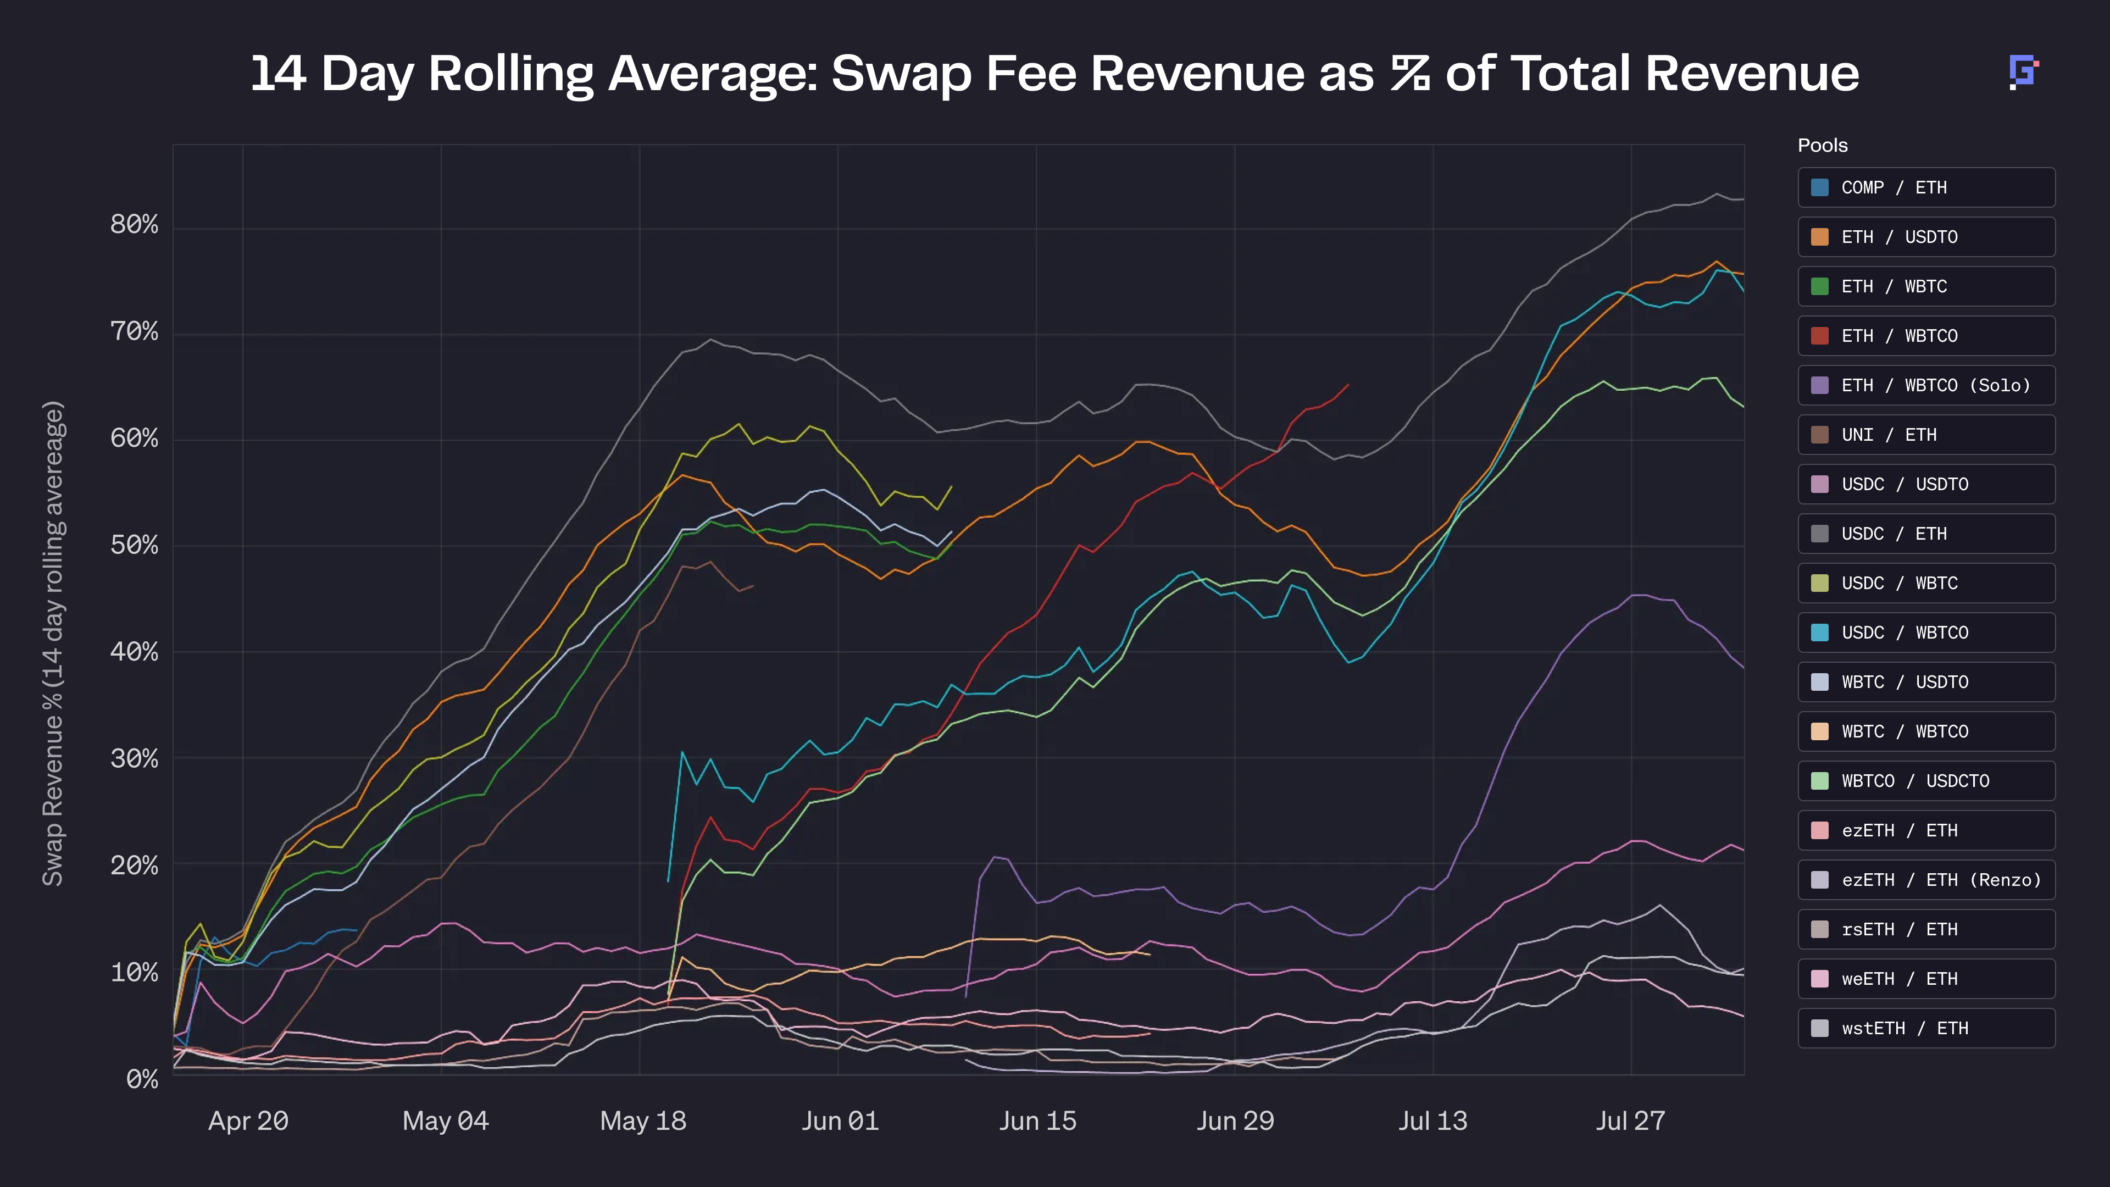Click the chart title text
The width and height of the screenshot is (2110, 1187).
coord(1054,74)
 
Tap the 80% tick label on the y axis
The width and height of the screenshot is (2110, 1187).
coord(134,224)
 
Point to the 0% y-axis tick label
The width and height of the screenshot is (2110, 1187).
coord(142,1079)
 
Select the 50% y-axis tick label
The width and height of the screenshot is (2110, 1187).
coord(134,545)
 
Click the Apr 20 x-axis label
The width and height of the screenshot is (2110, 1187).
coord(248,1121)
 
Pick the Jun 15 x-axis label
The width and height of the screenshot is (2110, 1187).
coord(1037,1121)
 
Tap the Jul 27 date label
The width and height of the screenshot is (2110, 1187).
coord(1630,1121)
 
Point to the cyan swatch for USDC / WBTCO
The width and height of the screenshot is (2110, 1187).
coord(1819,633)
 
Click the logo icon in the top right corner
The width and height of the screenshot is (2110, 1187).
coord(2022,72)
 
